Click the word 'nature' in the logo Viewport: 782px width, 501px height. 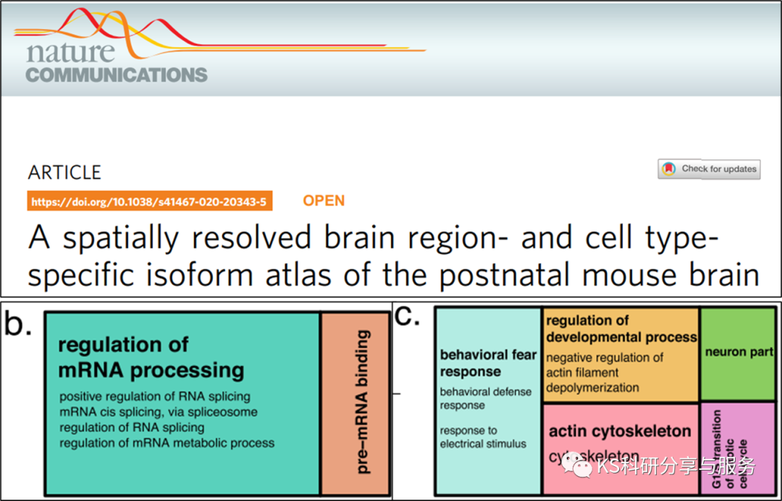pos(70,51)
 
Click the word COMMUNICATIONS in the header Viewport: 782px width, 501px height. pos(117,75)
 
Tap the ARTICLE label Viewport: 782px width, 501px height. pos(64,173)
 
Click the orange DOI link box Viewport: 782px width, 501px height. pos(149,202)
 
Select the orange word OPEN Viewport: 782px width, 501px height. pos(324,201)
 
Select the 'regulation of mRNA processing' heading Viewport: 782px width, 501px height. pos(151,357)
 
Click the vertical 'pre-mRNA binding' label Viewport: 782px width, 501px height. pos(363,402)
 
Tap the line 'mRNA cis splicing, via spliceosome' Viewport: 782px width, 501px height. pos(158,412)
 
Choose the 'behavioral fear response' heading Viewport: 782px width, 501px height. pos(488,363)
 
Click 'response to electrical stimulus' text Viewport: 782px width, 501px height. pos(483,437)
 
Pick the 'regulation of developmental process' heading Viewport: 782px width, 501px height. pos(621,328)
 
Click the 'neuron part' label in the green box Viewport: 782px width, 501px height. pos(739,352)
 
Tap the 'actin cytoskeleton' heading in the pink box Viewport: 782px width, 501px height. pos(620,431)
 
